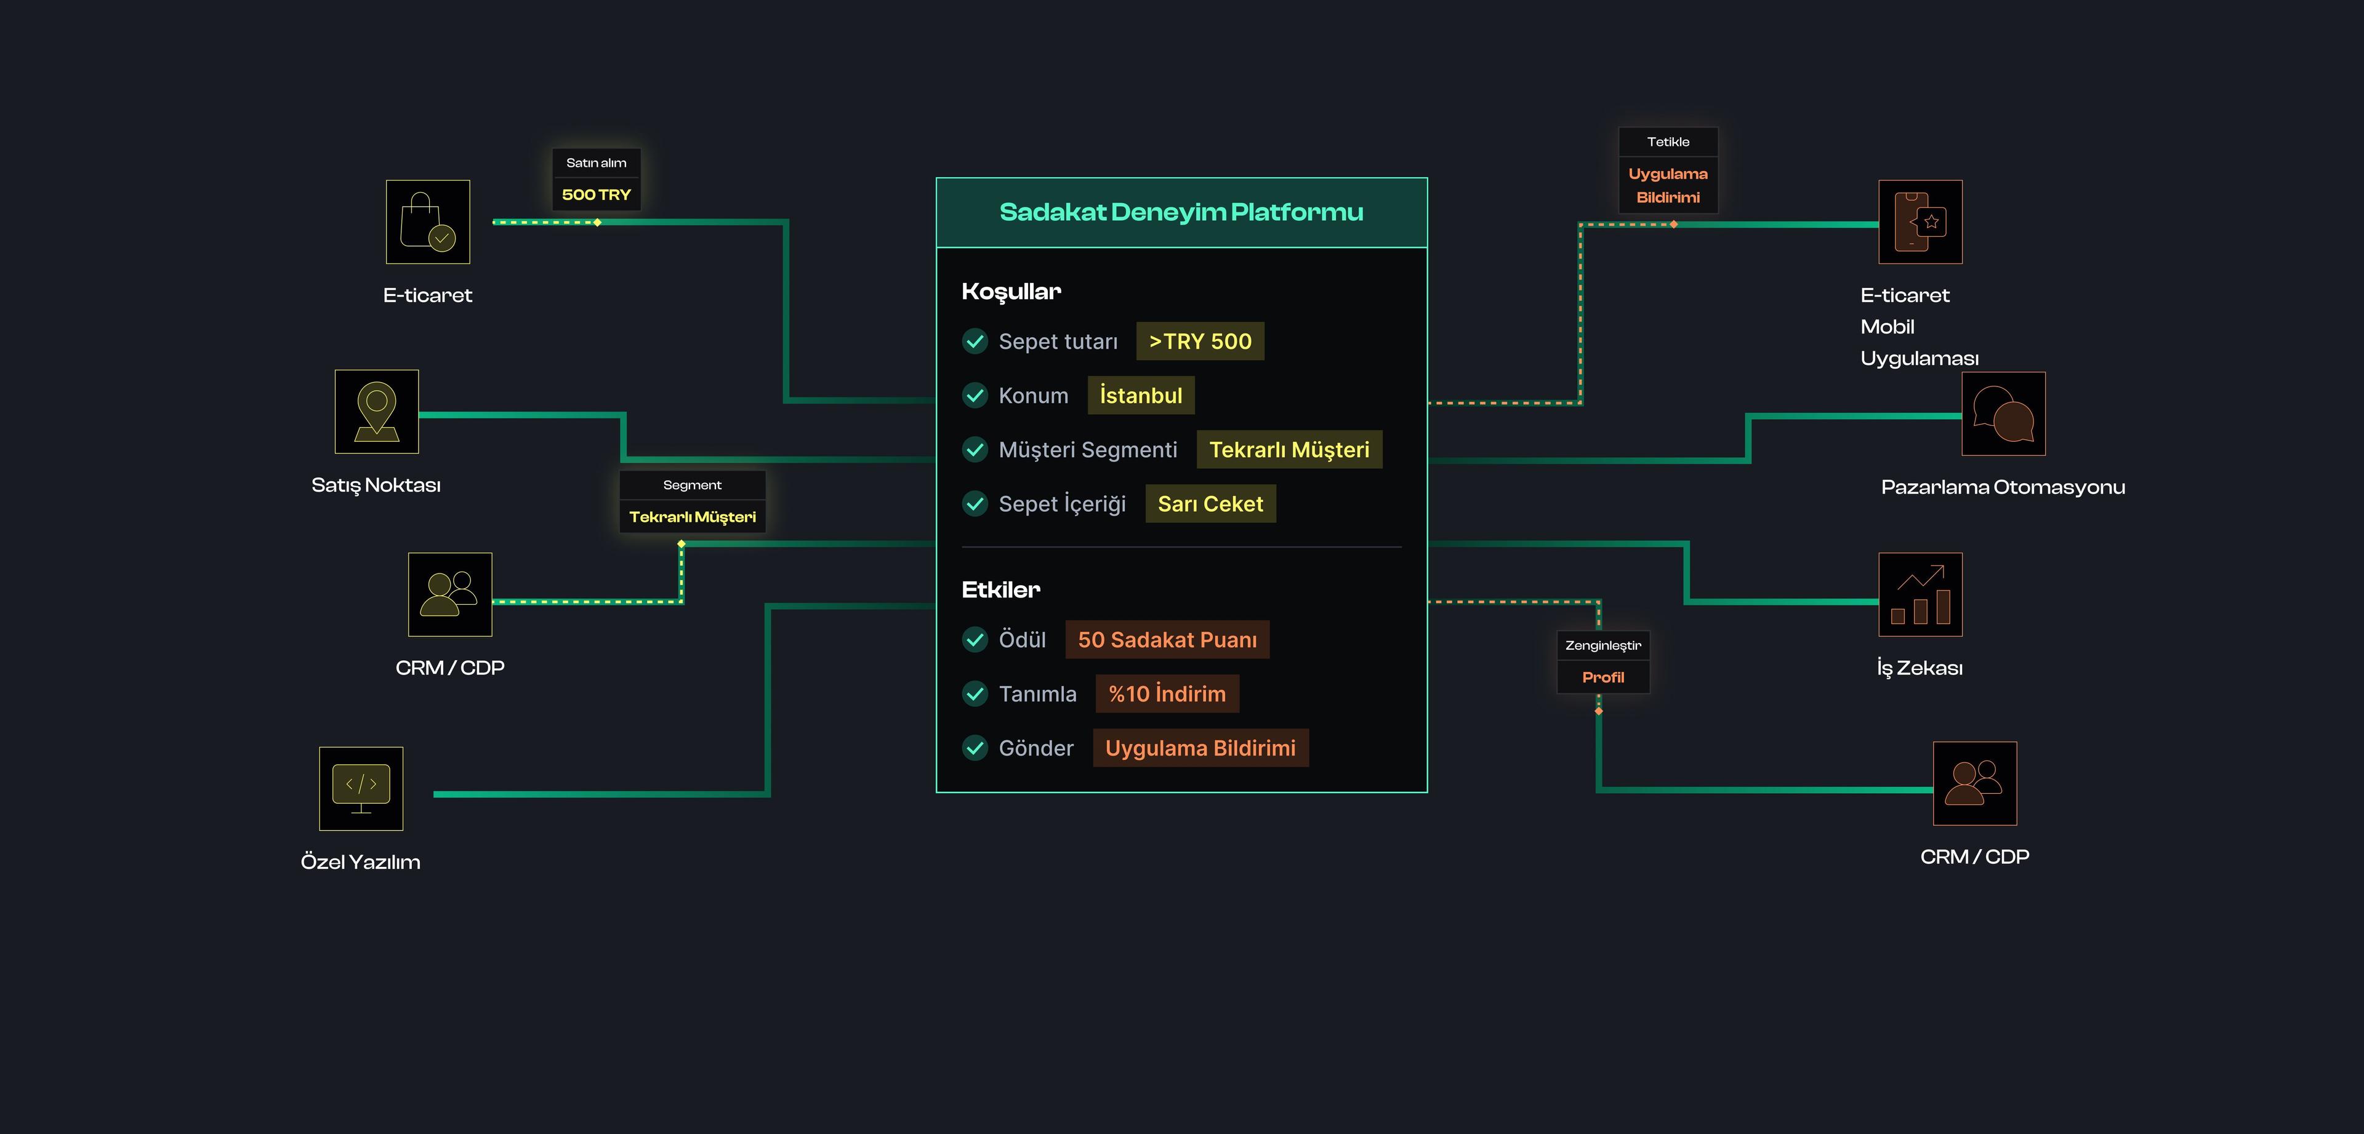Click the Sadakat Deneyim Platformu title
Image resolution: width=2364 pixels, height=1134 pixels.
pos(1181,212)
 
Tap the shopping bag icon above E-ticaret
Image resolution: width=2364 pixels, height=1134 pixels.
pos(428,222)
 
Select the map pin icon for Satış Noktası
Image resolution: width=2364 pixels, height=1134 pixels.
pos(376,411)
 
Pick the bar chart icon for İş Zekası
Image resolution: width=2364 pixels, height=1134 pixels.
pos(1920,594)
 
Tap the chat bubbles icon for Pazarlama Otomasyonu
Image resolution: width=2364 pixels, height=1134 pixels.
pos(2003,413)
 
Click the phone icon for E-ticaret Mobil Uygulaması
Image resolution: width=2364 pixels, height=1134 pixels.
pos(1920,222)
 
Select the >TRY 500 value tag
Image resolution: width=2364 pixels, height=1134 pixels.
pos(1199,341)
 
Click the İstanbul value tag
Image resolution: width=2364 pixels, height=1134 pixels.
pos(1141,396)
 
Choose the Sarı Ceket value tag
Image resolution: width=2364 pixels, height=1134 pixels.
pos(1210,504)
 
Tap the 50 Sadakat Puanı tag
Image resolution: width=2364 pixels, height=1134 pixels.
pos(1167,639)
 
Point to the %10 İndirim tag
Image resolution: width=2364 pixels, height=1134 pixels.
pos(1167,693)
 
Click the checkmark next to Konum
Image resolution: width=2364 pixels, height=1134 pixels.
pos(975,396)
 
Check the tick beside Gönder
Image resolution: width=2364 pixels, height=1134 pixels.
pos(975,748)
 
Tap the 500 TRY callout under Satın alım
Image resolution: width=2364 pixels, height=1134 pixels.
pos(597,194)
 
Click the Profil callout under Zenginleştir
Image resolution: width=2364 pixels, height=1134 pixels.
pos(1603,677)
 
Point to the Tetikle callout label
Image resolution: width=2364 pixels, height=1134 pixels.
pos(1668,142)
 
